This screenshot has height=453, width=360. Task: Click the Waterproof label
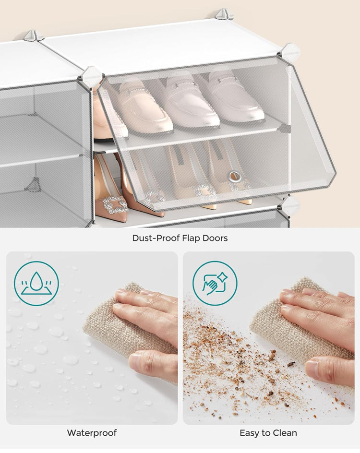[x=92, y=433]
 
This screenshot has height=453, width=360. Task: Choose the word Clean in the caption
[x=284, y=433]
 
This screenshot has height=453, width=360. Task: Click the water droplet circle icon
[x=36, y=284]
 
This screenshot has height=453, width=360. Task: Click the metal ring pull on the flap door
[x=235, y=176]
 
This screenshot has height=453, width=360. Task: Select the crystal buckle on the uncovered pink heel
[x=115, y=204]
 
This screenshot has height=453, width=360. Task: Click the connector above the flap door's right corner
[x=290, y=52]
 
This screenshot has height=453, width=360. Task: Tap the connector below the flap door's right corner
[x=290, y=205]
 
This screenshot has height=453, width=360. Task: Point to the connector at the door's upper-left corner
[x=91, y=77]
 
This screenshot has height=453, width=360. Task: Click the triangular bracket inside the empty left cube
[x=33, y=185]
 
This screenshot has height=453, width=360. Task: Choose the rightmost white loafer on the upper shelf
[x=235, y=98]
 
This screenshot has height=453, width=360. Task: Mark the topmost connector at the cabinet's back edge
[x=224, y=14]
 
